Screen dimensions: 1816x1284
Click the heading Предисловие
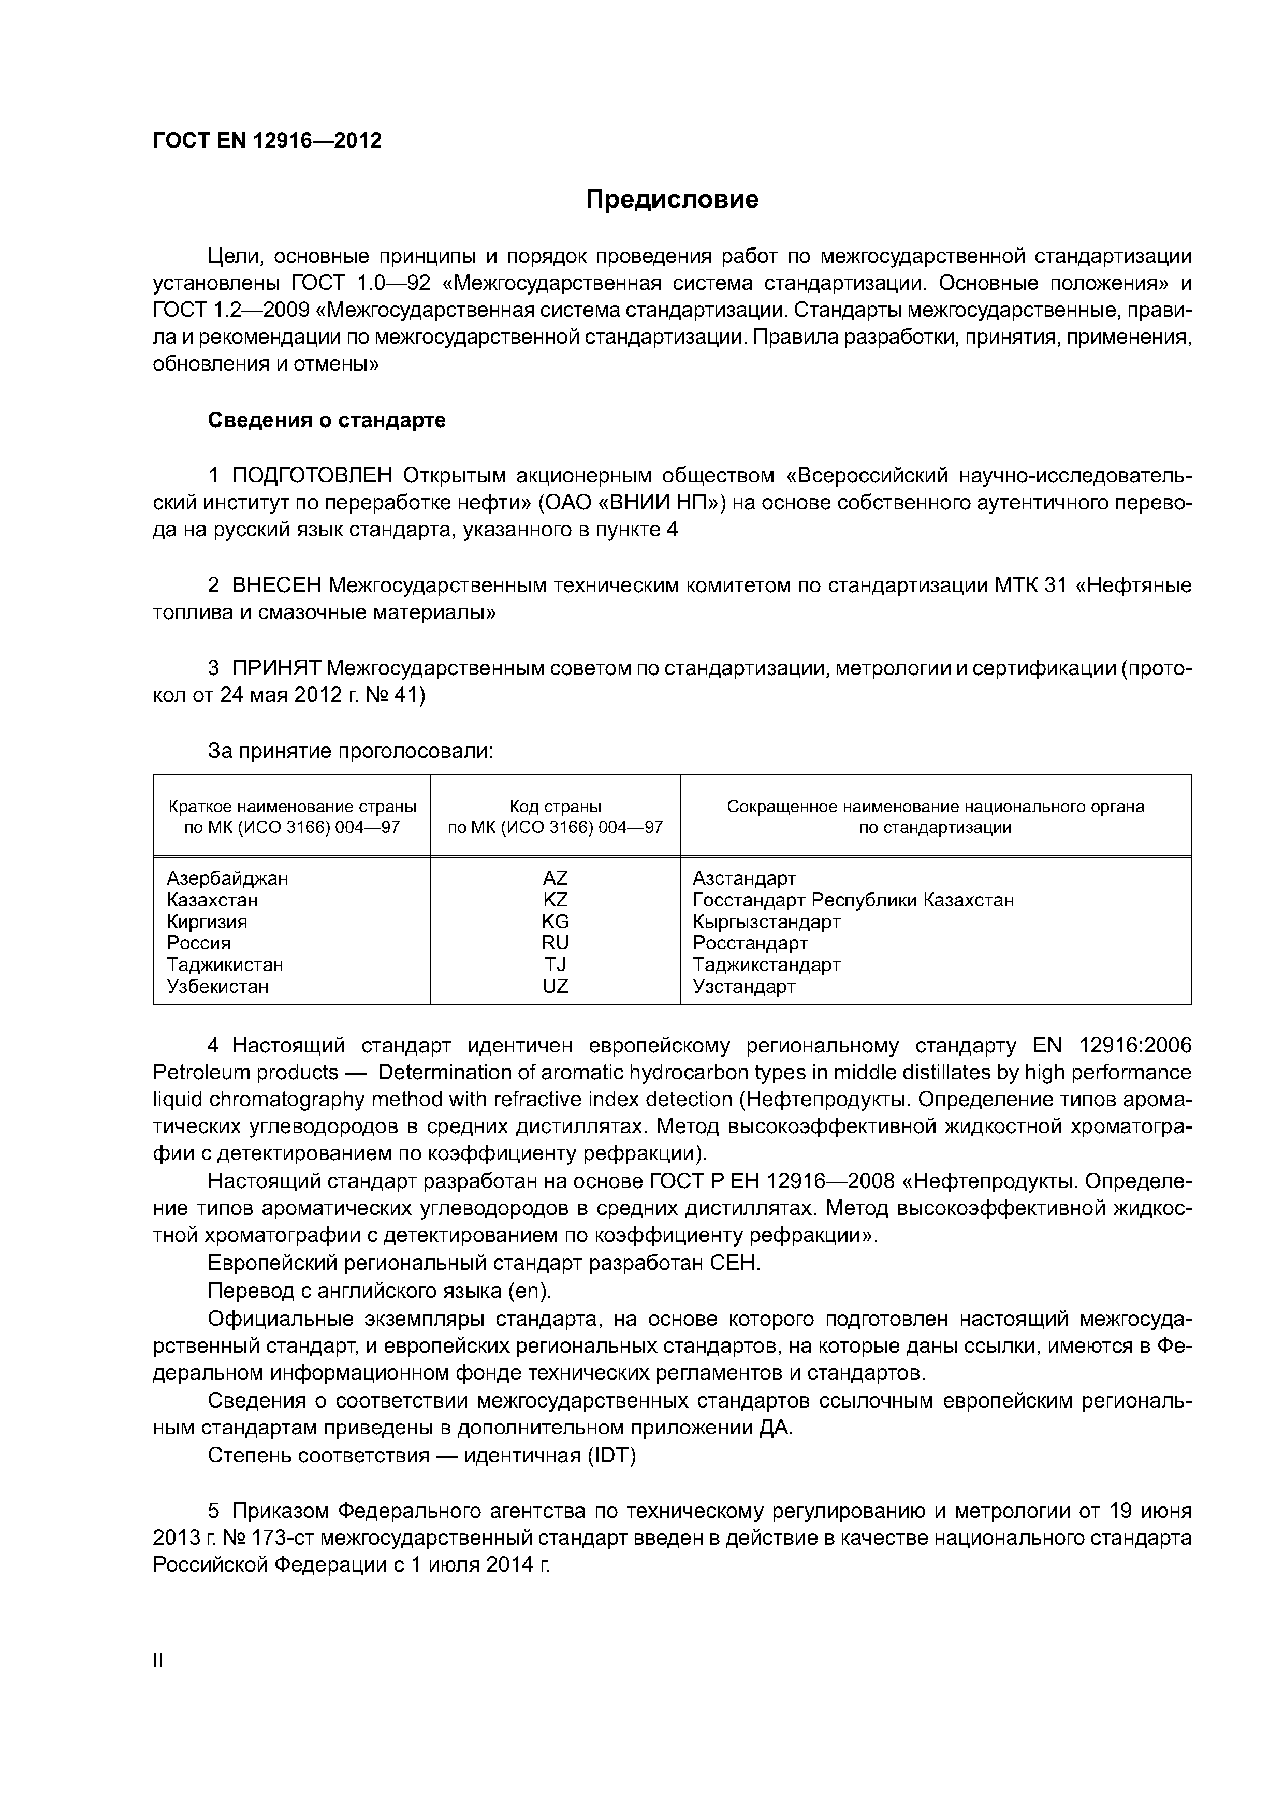(x=672, y=199)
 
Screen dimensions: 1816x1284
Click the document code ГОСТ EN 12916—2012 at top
(x=267, y=141)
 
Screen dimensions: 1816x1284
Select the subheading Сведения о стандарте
(x=327, y=420)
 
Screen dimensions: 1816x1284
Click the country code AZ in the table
(x=556, y=878)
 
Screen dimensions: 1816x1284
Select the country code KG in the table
(x=556, y=921)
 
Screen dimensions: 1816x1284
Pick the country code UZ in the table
(x=556, y=986)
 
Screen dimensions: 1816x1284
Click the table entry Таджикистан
(x=225, y=965)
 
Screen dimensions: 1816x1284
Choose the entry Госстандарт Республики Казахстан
(x=853, y=900)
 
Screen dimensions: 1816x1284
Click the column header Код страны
(x=556, y=807)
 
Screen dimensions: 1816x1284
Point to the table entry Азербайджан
(x=228, y=878)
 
